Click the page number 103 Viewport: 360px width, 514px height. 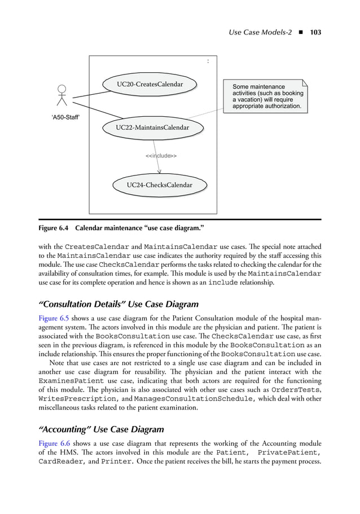[315, 33]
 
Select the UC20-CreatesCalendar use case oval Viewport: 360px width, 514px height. [150, 85]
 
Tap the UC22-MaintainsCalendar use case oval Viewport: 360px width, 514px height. [152, 128]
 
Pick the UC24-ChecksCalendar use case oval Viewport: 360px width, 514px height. [159, 185]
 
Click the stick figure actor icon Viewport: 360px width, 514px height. [62, 96]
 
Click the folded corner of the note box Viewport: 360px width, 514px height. [305, 83]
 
